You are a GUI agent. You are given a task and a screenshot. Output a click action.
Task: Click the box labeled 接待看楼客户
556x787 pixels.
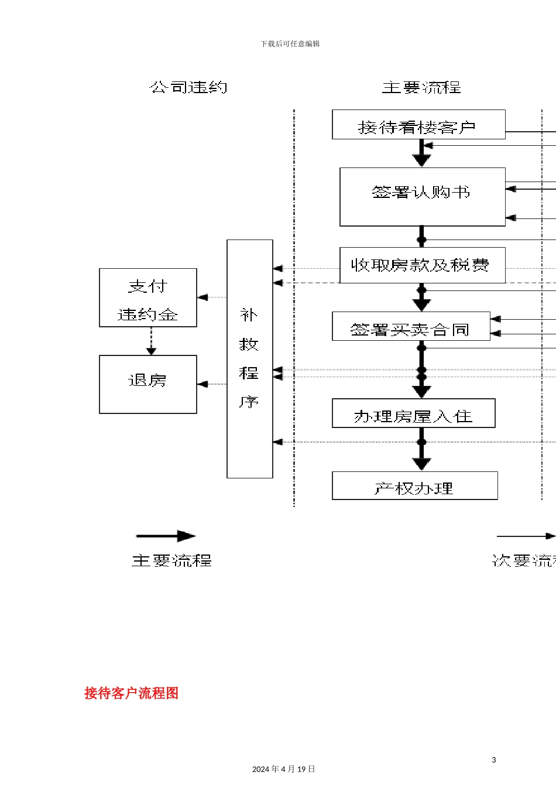(x=418, y=125)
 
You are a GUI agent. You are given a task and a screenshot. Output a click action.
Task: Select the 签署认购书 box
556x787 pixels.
(x=422, y=197)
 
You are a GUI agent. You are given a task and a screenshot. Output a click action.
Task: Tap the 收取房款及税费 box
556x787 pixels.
(x=422, y=265)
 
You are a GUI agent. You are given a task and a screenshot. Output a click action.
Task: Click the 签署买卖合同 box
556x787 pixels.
(x=411, y=327)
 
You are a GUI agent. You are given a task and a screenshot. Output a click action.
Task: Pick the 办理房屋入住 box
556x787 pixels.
(x=413, y=413)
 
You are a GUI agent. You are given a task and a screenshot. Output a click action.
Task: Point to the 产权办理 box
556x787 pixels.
(x=414, y=486)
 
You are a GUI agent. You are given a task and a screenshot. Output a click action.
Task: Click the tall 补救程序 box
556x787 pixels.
(x=249, y=358)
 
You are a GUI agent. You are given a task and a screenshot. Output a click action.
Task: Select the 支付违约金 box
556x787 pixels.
(x=147, y=298)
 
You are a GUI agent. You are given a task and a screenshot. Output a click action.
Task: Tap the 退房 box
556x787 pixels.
(x=147, y=384)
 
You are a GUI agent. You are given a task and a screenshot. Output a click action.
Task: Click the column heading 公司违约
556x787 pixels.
(x=188, y=88)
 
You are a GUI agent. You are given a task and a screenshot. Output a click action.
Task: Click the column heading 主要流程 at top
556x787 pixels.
(x=421, y=88)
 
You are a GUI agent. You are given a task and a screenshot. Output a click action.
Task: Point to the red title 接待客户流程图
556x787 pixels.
(x=131, y=693)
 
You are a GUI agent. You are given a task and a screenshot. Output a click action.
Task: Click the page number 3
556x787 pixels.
(x=493, y=760)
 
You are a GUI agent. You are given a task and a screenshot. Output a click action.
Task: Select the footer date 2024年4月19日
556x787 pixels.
(x=283, y=769)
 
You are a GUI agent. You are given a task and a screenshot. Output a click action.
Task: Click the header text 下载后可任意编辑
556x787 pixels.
(x=290, y=44)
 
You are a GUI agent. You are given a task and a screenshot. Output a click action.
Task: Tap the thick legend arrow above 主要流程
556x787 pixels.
(x=166, y=536)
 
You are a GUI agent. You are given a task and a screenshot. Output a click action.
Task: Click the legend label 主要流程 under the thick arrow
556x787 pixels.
(x=171, y=561)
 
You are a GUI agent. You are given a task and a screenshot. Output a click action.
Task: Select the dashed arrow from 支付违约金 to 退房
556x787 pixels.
(x=151, y=341)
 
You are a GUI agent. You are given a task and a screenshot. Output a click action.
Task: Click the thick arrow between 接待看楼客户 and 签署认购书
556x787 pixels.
(x=421, y=153)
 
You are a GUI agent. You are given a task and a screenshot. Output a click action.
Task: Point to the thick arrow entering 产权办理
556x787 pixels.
(x=421, y=457)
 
